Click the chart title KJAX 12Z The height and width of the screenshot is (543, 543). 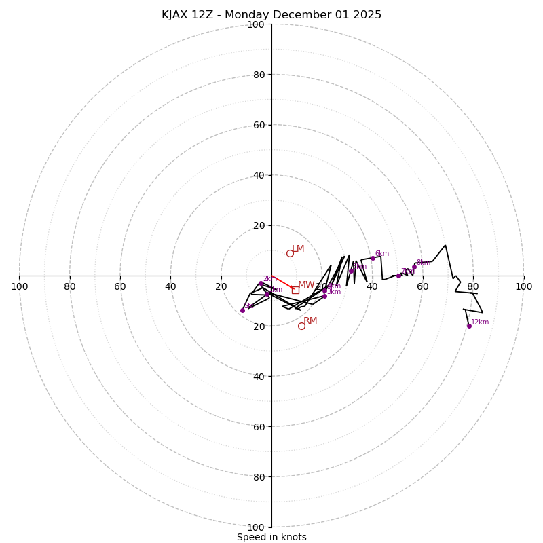[x=271, y=15]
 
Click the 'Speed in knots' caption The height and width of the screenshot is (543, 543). [x=271, y=537]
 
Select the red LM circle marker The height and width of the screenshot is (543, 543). [x=290, y=253]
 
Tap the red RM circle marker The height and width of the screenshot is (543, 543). [x=301, y=326]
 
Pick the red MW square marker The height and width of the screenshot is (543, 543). [x=295, y=290]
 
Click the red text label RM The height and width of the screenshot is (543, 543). [x=310, y=320]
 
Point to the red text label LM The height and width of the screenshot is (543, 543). [x=298, y=248]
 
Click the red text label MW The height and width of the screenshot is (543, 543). [x=306, y=285]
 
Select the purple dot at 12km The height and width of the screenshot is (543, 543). [x=469, y=326]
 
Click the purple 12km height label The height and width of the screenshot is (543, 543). [x=480, y=322]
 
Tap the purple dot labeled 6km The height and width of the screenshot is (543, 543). [x=373, y=258]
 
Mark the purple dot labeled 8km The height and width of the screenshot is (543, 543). [x=414, y=267]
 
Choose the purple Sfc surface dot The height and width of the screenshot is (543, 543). [x=242, y=310]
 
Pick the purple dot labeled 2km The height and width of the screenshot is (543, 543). [x=261, y=283]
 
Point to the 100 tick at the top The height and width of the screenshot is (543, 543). [x=255, y=24]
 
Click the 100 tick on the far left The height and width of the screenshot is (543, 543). [x=19, y=286]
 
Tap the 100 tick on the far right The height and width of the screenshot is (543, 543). [x=523, y=286]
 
